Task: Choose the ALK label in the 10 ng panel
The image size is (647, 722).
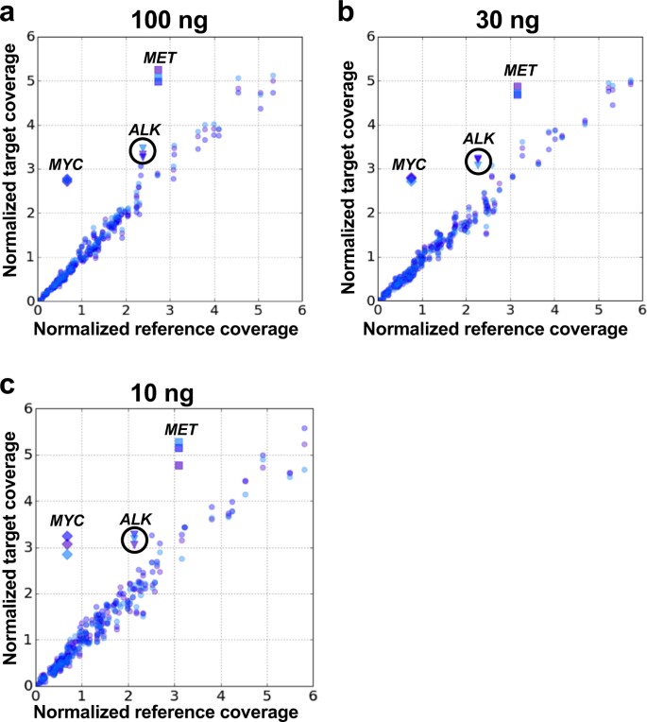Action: (x=136, y=519)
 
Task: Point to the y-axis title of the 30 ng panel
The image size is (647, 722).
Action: (x=348, y=170)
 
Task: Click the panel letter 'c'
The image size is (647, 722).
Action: (x=9, y=384)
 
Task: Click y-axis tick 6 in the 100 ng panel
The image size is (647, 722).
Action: (x=28, y=37)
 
